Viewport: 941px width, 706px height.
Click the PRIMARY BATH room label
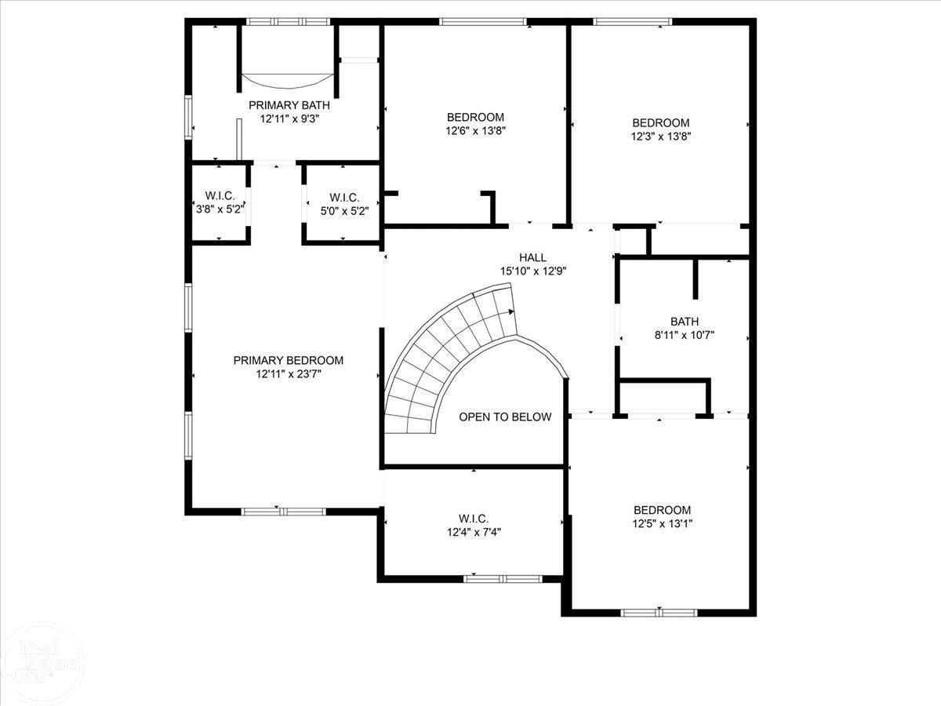coord(289,105)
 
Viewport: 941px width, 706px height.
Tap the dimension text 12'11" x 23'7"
coord(289,374)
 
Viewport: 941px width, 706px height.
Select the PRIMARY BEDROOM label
coord(289,361)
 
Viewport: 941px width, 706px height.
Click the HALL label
coord(532,257)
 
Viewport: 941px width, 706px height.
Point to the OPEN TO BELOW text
coord(505,417)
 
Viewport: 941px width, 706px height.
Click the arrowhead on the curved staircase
coord(512,311)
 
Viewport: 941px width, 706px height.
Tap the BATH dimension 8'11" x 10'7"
coord(685,335)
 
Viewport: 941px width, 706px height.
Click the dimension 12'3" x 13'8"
coord(661,136)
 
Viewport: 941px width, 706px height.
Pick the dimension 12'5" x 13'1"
coord(662,523)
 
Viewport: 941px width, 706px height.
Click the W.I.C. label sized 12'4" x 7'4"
coord(474,519)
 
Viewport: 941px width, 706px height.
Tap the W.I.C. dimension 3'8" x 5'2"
coord(220,209)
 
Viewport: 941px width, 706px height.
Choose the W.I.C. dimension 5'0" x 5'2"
coord(343,210)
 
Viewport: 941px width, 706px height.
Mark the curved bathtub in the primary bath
coord(288,81)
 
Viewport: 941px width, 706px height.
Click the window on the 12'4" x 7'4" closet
coord(502,579)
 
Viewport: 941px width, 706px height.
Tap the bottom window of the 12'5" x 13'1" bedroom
coord(659,613)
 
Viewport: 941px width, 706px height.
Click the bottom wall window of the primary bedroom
coord(283,511)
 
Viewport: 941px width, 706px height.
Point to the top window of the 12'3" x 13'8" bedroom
coord(633,22)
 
